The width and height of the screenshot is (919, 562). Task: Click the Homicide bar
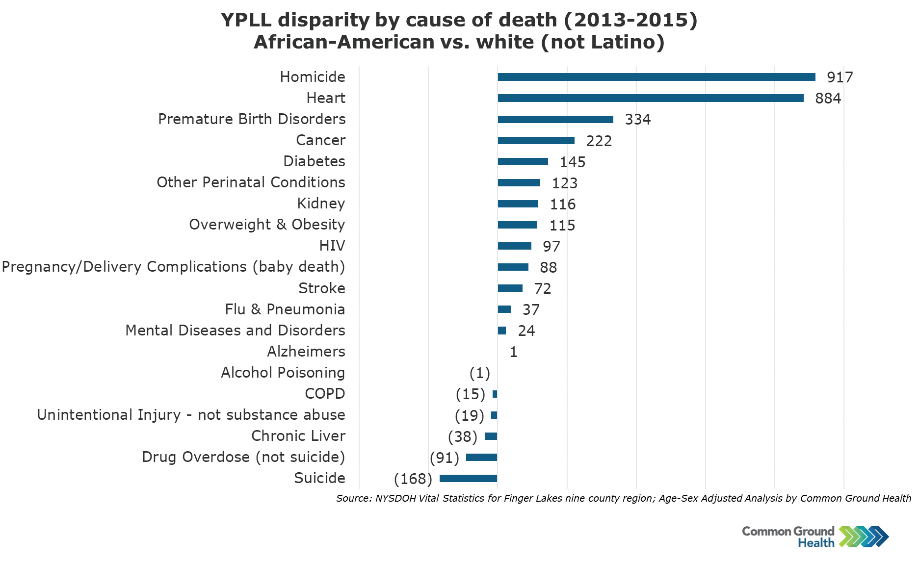point(656,77)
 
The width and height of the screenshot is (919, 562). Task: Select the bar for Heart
point(650,98)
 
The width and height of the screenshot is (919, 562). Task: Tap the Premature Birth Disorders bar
point(555,120)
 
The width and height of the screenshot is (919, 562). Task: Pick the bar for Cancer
point(536,141)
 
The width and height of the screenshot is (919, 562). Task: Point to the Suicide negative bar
point(468,479)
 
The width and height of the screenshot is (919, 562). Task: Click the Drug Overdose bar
point(481,458)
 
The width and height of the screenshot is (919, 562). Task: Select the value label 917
point(840,77)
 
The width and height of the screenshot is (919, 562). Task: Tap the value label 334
point(637,120)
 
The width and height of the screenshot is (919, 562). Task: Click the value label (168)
point(413,479)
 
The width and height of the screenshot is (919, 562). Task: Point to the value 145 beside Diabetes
point(572,162)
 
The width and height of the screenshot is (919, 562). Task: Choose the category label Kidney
point(321,204)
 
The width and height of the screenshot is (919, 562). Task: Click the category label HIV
point(332,246)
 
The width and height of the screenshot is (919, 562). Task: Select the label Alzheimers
point(306,352)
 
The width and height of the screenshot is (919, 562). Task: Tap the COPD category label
point(325,394)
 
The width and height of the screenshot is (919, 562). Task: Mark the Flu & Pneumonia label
point(285,309)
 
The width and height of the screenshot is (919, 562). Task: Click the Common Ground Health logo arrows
point(864,536)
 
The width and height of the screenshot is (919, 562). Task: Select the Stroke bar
point(510,288)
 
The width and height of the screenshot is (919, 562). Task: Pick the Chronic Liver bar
point(491,436)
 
